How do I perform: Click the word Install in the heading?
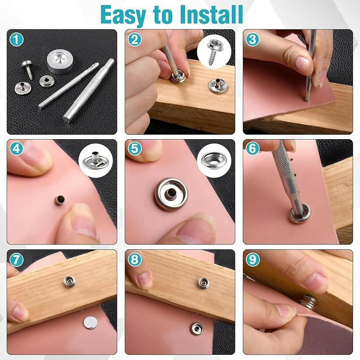212,14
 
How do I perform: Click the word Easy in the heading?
123,16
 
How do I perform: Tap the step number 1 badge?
16,40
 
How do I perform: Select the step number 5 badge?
134,148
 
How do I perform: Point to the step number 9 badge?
252,259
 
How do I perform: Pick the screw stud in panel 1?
28,69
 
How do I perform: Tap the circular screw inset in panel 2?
214,52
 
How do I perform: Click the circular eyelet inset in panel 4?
96,161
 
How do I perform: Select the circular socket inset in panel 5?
214,160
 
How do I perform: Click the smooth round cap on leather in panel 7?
90,323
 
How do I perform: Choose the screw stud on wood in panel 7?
69,282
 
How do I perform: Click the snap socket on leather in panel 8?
197,329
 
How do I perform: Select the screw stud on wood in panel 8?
203,283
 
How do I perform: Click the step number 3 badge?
252,39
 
